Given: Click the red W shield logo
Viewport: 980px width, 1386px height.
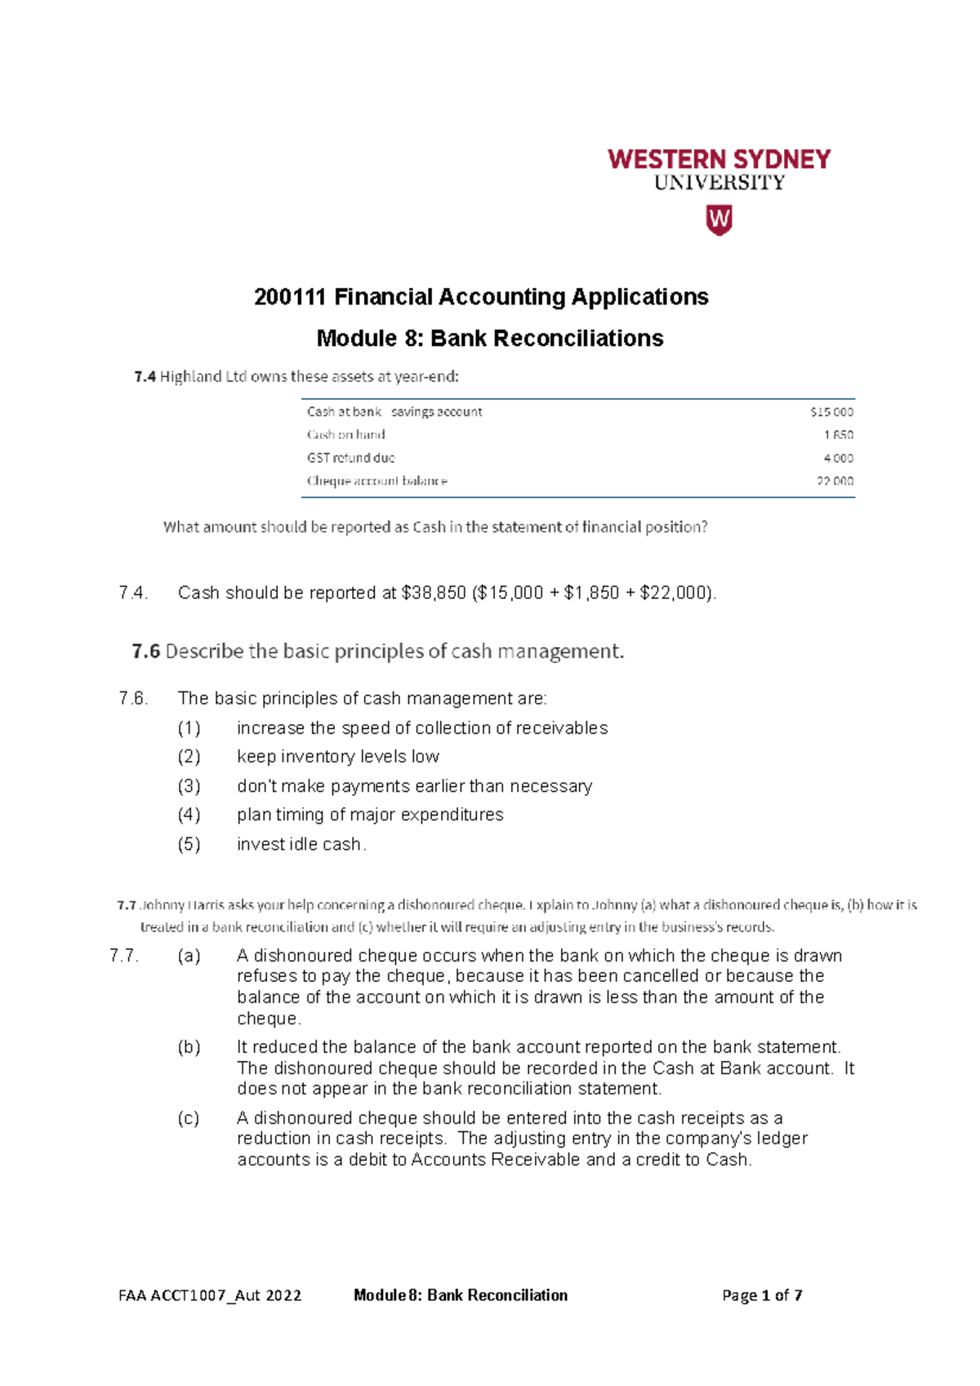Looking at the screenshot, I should click(719, 220).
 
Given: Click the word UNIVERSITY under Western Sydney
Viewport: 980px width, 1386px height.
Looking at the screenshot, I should click(719, 183).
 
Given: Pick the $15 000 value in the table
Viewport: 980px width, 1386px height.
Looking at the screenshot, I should click(831, 412).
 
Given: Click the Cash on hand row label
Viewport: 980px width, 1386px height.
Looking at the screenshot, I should click(345, 435).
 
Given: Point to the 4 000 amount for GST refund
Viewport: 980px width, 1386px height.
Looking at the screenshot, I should click(838, 459).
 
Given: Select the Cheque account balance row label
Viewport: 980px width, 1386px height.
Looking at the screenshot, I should click(376, 482).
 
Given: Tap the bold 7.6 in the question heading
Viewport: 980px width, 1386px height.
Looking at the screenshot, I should click(145, 651).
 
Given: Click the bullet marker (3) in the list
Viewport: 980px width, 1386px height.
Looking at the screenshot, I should click(189, 786).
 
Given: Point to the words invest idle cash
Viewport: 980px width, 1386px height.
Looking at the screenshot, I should click(300, 845).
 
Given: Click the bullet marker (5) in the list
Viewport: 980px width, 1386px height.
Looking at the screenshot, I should click(189, 845).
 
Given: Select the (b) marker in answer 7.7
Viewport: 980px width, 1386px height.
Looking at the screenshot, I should click(189, 1047).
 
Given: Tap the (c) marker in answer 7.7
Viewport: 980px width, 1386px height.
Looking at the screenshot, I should click(189, 1118).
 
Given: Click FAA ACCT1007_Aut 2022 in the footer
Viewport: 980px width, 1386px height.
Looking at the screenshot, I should click(210, 1295).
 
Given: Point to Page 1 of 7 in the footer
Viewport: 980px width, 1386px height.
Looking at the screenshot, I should click(762, 1295).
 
